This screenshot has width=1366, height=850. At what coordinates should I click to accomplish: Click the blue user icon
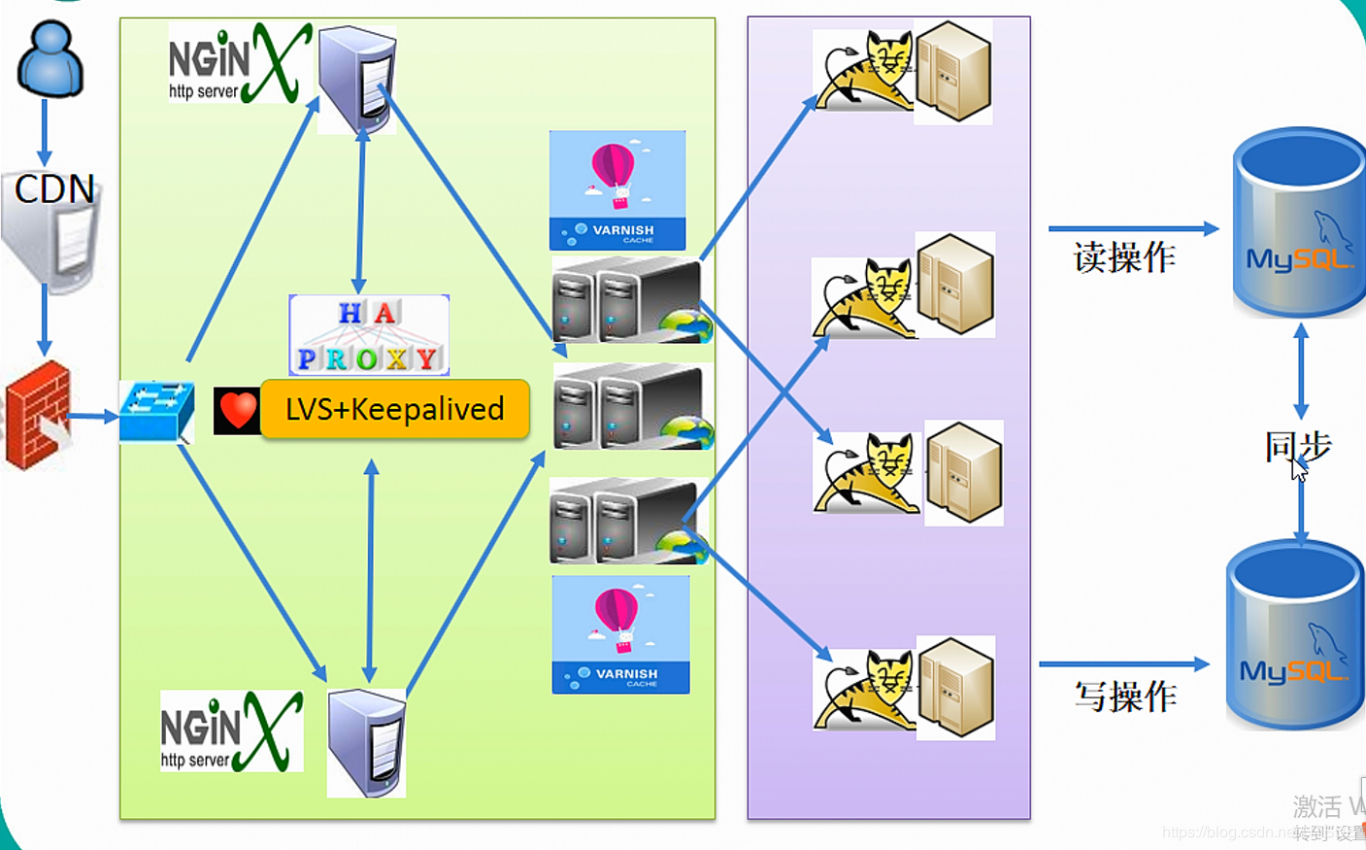click(x=50, y=60)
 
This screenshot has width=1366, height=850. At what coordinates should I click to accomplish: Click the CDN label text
click(x=54, y=188)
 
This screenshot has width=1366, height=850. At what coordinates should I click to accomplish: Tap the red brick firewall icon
click(x=38, y=415)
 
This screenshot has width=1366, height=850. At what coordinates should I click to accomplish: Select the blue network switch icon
click(x=156, y=411)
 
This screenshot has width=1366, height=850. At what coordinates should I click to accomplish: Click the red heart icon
click(x=237, y=410)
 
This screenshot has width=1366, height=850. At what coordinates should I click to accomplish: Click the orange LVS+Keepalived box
click(x=395, y=409)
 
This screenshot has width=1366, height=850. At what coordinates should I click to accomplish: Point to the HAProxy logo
click(x=369, y=335)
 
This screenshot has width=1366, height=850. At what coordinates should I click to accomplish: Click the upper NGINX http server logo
click(x=239, y=64)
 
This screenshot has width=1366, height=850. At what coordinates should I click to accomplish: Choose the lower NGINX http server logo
click(x=231, y=731)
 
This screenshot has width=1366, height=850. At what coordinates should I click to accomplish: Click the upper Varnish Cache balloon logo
click(x=617, y=190)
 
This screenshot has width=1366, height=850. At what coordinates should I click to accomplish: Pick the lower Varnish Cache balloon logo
click(x=620, y=634)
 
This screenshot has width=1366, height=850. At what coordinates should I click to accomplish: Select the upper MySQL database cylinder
click(x=1298, y=223)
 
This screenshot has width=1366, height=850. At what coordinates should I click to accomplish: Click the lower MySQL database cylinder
click(x=1294, y=636)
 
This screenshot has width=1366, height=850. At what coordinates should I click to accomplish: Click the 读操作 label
click(x=1124, y=257)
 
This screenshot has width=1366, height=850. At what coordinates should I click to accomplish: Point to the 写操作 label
click(x=1125, y=696)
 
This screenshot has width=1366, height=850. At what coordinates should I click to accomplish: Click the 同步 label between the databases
click(x=1297, y=446)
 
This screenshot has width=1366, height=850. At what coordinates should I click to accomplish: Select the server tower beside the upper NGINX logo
click(x=358, y=80)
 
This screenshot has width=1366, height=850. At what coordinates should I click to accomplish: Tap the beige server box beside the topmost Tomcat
click(x=953, y=72)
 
